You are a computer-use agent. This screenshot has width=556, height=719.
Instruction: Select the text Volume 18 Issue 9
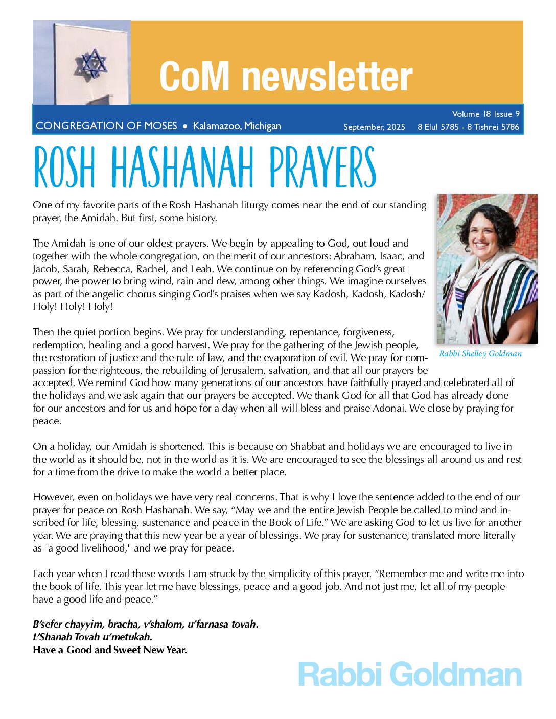tap(485, 114)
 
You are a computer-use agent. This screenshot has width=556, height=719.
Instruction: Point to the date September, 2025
tap(374, 127)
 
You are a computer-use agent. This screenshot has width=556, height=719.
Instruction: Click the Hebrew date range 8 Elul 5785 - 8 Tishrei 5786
tap(468, 127)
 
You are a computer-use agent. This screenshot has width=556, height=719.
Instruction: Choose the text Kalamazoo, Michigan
tap(237, 126)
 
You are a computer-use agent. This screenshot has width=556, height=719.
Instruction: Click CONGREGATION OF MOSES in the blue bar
tap(106, 126)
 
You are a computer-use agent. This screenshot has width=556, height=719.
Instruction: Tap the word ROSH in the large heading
tap(64, 167)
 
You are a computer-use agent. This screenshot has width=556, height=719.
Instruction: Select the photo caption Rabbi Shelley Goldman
tap(480, 354)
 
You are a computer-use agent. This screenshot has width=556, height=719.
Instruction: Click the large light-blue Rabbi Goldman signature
tap(410, 675)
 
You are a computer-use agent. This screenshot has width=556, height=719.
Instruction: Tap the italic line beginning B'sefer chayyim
tap(146, 624)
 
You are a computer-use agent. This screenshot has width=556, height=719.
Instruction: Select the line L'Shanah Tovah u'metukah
tap(92, 637)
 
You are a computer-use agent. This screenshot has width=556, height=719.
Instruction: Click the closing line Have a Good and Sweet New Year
tap(110, 650)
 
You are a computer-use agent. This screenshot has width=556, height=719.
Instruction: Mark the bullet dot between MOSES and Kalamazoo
tap(185, 126)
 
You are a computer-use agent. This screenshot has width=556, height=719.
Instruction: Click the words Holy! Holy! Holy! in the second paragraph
tap(73, 306)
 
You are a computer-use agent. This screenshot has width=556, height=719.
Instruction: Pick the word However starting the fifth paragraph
tap(53, 497)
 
